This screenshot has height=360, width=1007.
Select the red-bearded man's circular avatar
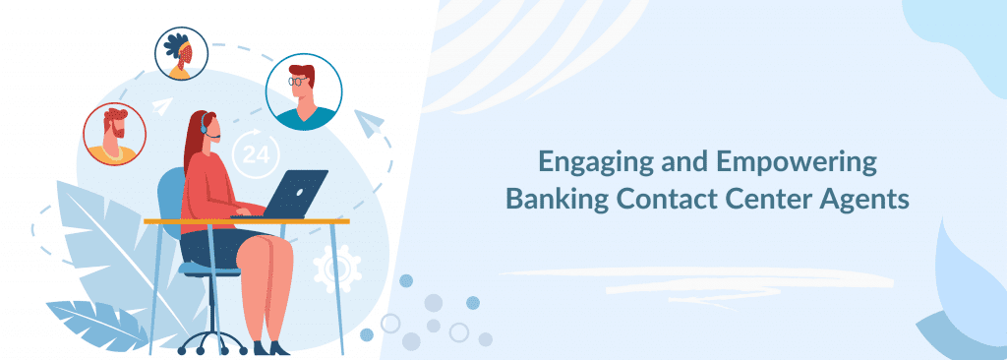pos(114,134)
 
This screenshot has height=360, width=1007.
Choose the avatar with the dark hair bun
pos(181,53)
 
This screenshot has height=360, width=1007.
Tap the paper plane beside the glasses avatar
pos(371,124)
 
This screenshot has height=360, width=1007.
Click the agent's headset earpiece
pos(205,125)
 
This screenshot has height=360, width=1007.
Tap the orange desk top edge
pos(246,221)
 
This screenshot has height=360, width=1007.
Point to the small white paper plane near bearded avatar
pos(162,103)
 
